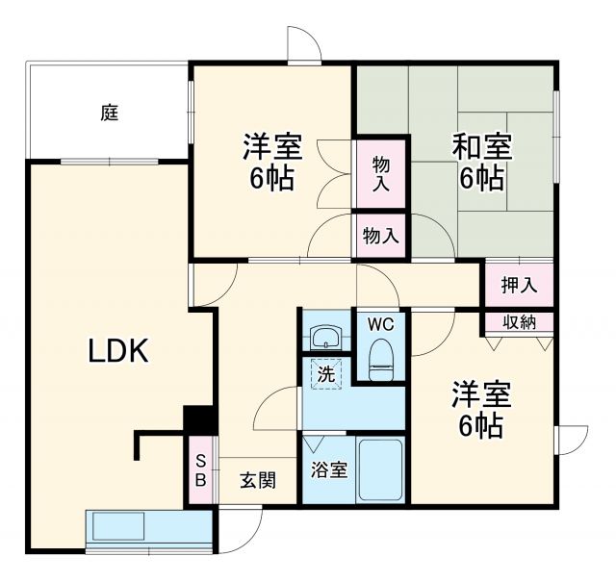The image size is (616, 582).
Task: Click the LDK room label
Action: tap(118, 352)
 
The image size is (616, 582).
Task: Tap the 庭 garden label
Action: tap(109, 113)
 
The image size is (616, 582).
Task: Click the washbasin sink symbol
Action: tap(325, 337)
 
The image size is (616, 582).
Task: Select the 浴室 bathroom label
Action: tap(328, 470)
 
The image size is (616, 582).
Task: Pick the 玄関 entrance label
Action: tap(257, 480)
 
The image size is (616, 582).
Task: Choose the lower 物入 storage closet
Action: tap(381, 234)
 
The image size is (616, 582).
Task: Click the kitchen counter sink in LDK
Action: tap(117, 527)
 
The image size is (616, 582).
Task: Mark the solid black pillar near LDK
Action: tap(198, 420)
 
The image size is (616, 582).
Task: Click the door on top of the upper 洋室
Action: tap(304, 45)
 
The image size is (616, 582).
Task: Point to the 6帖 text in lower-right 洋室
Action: tap(478, 427)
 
